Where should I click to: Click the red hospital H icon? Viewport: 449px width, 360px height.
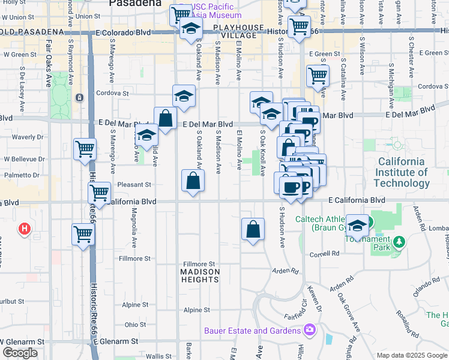pos(25,229)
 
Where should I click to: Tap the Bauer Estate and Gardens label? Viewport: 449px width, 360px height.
pos(252,331)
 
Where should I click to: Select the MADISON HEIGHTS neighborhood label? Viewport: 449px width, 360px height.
pos(200,272)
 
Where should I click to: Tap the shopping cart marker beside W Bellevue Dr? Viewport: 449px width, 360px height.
pos(85,150)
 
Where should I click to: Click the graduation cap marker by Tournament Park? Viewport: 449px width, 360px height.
pos(358,227)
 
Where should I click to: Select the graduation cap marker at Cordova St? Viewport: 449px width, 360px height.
pos(184,97)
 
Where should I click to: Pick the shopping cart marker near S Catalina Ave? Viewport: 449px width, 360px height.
pos(318,77)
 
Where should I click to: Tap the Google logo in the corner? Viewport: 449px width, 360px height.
pos(20,353)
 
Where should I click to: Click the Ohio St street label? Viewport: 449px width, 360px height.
pos(131,325)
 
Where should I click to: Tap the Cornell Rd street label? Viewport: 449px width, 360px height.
pos(325,254)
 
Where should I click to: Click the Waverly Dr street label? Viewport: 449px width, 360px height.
pos(24,137)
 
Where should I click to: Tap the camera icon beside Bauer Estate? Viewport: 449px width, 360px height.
pos(310,330)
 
